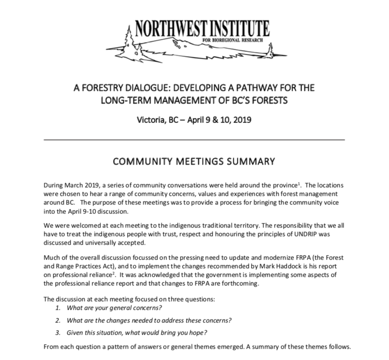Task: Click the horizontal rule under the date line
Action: coord(194,140)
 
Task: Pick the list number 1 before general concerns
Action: coord(57,308)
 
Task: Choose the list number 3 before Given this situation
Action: coord(57,332)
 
